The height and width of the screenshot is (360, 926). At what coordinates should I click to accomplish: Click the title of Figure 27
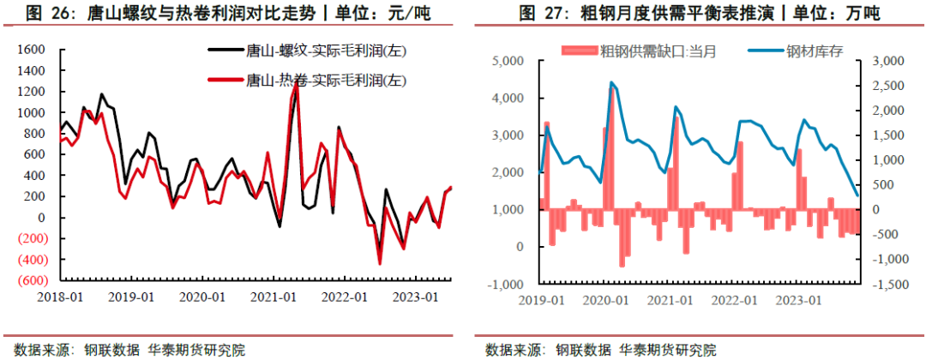tap(700, 14)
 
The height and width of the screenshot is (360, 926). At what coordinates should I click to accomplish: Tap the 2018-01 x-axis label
tap(59, 297)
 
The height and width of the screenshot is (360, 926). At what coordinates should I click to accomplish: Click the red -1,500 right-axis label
tap(880, 284)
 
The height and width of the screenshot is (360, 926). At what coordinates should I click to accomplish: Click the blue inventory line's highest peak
tap(610, 82)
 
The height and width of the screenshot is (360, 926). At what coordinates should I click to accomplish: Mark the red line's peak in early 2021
tap(297, 80)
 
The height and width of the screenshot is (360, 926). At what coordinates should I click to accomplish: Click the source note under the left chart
tap(124, 350)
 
